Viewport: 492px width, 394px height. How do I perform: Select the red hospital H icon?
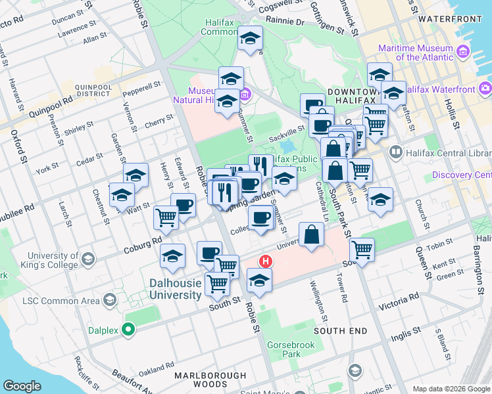coord(266,261)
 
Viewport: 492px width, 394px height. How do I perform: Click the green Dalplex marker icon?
coord(130,329)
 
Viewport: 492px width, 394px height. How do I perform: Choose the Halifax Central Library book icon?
coord(395,152)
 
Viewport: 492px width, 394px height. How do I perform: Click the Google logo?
coord(22,385)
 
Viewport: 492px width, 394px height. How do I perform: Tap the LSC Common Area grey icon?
coord(110,301)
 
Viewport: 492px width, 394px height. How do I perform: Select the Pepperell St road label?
coord(141,85)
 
